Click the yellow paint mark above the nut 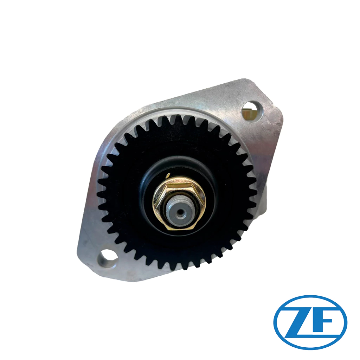coord(168,175)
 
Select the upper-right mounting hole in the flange coord(252,111)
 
